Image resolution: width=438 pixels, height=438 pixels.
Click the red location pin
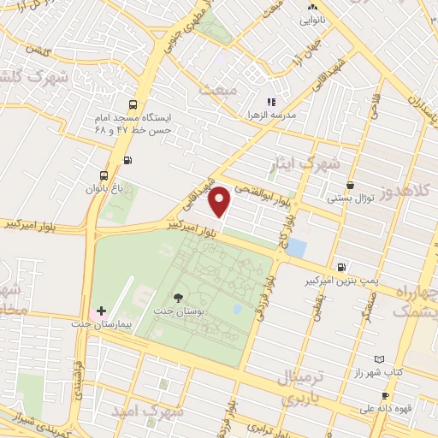220,201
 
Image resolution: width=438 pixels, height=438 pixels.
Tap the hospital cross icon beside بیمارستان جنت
102,311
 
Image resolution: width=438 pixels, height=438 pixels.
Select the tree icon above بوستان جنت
178,297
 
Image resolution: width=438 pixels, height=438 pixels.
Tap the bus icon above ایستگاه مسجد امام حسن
132,102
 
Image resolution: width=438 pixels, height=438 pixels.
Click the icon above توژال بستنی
350,184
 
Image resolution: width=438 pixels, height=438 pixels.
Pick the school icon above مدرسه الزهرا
271,102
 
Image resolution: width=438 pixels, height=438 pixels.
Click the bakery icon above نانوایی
311,7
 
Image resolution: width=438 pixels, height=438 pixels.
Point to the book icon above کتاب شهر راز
379,360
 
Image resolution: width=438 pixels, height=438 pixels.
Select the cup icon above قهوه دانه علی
385,395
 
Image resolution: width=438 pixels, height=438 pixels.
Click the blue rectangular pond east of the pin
296,248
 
